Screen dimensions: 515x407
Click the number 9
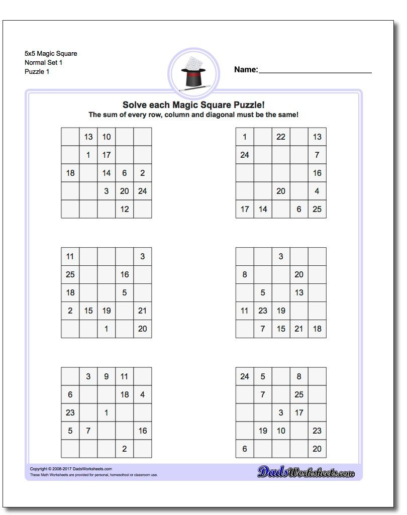pos(107,376)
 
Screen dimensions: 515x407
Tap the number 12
pos(125,209)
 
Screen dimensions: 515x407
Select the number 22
pos(281,137)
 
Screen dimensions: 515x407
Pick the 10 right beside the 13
pos(107,137)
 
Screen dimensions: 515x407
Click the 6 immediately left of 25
pos(299,209)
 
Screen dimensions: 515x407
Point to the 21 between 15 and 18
pos(299,329)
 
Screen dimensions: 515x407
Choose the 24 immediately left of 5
pos(245,376)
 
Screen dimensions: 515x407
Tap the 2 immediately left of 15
pos(70,311)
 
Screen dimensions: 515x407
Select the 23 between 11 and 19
pos(263,311)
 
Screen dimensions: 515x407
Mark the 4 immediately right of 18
pos(143,394)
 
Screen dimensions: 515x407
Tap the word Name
pos(245,70)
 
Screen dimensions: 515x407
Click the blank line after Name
pos(315,72)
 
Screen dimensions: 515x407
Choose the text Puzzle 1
pos(37,71)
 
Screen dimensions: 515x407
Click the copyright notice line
pos(64,469)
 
